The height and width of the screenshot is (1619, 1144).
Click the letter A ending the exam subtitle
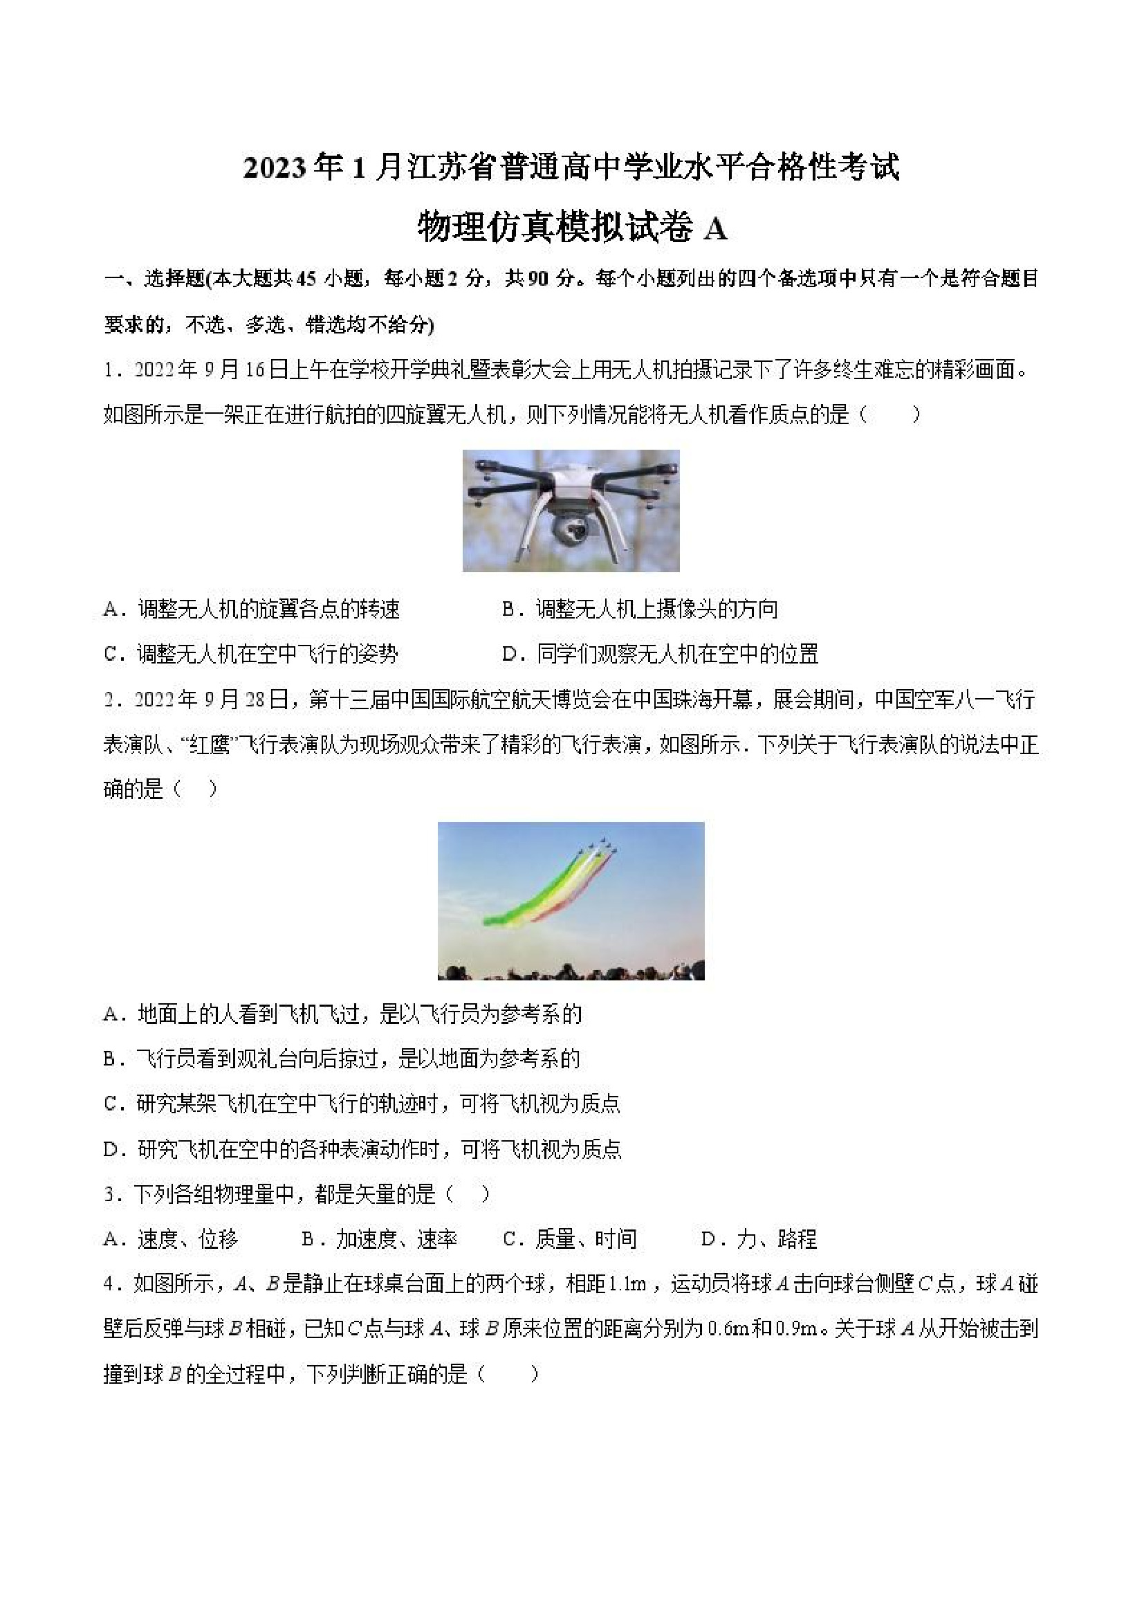(714, 228)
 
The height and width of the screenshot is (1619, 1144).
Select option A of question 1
(252, 609)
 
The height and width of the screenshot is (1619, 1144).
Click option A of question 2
(342, 1015)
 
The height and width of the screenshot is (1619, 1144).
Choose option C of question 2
(362, 1104)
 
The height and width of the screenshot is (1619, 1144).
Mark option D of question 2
(362, 1149)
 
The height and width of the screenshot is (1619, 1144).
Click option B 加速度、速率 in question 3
(379, 1239)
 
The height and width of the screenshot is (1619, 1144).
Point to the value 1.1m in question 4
(627, 1284)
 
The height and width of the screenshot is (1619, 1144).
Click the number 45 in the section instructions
(306, 280)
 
